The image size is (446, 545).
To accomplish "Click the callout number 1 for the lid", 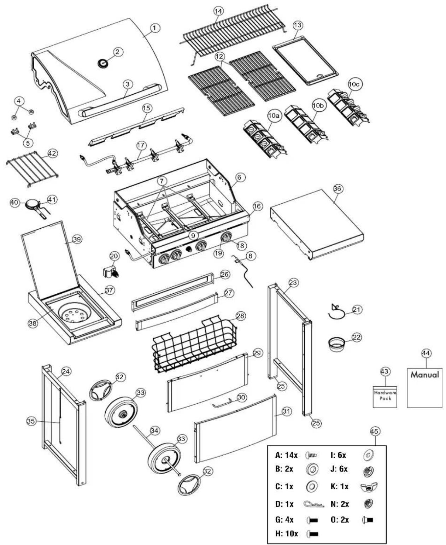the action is click(x=154, y=28).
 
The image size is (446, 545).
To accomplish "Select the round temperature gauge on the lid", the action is click(x=103, y=63).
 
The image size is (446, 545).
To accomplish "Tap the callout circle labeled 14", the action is click(x=219, y=11).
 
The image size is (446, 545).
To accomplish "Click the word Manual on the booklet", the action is click(x=425, y=374).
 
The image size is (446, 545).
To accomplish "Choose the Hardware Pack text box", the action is click(x=385, y=397).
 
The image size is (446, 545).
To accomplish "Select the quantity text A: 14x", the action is click(x=286, y=455).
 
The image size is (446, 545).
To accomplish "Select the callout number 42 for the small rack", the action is click(x=52, y=153).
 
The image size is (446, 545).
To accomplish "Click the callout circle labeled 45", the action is click(x=375, y=431).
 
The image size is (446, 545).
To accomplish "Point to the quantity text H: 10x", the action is click(x=286, y=533).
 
